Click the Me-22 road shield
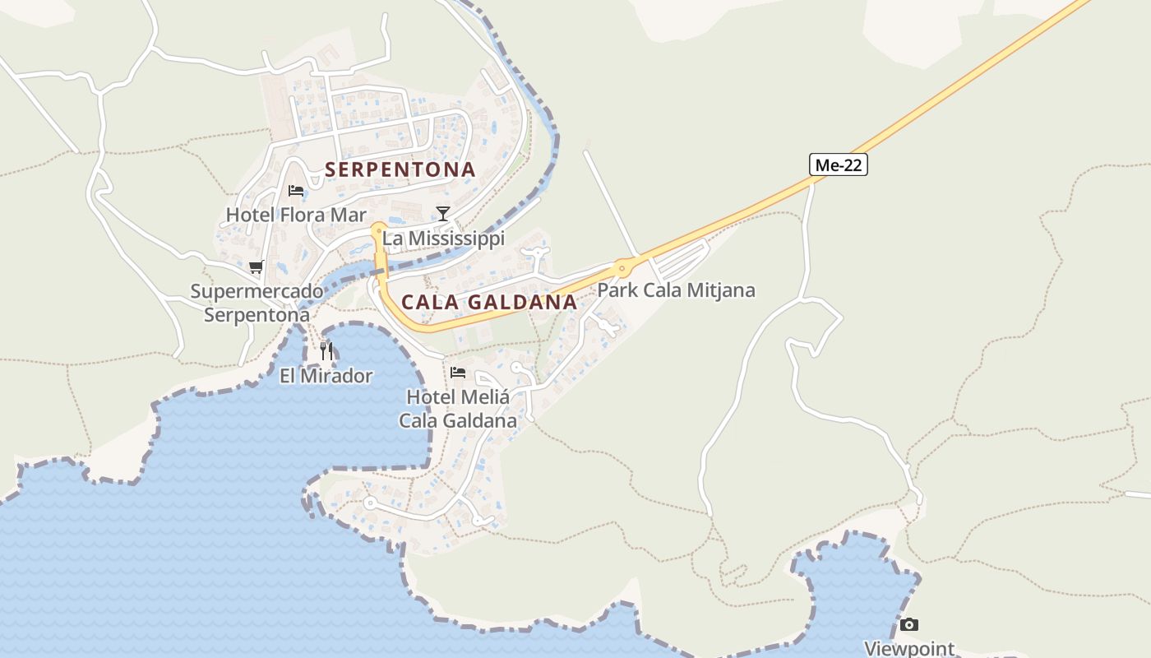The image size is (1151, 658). click(x=839, y=164)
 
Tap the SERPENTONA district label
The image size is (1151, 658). click(x=400, y=169)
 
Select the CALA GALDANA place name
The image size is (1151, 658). click(x=489, y=302)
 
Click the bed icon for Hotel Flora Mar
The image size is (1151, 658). click(x=296, y=191)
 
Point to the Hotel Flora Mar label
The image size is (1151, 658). click(x=296, y=215)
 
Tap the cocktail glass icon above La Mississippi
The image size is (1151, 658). click(x=443, y=214)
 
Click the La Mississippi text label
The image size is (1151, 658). click(x=444, y=239)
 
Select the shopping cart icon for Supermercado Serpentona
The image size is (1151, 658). click(x=257, y=266)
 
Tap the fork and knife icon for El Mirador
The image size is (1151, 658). click(x=326, y=351)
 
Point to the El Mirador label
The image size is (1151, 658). click(x=326, y=377)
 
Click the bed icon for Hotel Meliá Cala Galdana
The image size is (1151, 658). click(x=458, y=373)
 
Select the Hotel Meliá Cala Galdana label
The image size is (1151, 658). click(x=458, y=409)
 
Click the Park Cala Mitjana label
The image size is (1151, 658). click(x=676, y=290)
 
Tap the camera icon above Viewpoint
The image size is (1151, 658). click(x=908, y=625)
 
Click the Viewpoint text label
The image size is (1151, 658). click(x=909, y=648)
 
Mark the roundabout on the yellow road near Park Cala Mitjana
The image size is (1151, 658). click(x=622, y=267)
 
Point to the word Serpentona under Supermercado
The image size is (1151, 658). click(x=257, y=315)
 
